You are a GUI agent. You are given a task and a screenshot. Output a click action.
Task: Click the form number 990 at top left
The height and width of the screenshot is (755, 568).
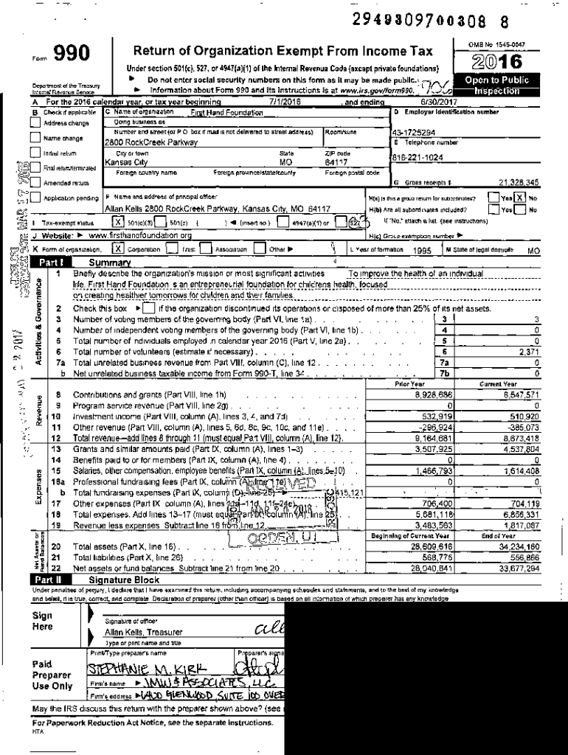click(x=73, y=53)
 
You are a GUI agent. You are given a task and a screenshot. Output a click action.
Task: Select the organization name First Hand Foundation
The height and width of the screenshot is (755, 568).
click(x=226, y=113)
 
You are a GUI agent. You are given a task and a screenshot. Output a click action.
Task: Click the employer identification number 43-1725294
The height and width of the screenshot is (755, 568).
click(x=413, y=132)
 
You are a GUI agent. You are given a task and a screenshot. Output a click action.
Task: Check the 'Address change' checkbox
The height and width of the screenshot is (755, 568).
click(x=35, y=123)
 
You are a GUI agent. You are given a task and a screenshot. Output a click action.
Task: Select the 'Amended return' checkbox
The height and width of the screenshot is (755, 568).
click(x=35, y=182)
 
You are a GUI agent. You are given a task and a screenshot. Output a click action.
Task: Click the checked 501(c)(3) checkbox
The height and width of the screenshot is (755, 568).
click(x=117, y=221)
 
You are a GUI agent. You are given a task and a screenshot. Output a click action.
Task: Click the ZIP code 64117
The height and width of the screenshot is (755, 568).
click(x=336, y=161)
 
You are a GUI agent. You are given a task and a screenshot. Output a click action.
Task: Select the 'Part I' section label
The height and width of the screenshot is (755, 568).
click(x=52, y=262)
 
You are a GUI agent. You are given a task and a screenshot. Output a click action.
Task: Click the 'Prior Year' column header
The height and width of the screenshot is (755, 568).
click(x=409, y=384)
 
